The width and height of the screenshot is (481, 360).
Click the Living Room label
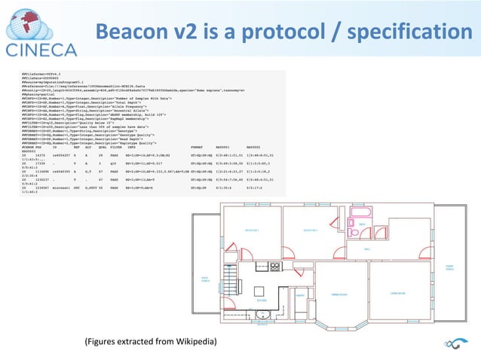click(x=399, y=292)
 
